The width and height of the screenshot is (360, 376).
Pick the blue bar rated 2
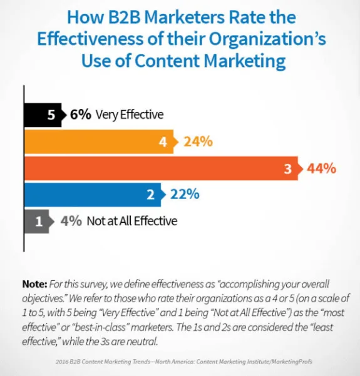[91, 195]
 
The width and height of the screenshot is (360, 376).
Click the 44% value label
[322, 168]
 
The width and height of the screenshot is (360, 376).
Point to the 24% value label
[198, 141]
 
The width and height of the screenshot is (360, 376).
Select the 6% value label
[80, 114]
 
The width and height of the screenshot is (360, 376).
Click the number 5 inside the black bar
[52, 114]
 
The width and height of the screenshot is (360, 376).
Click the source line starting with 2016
[180, 360]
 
